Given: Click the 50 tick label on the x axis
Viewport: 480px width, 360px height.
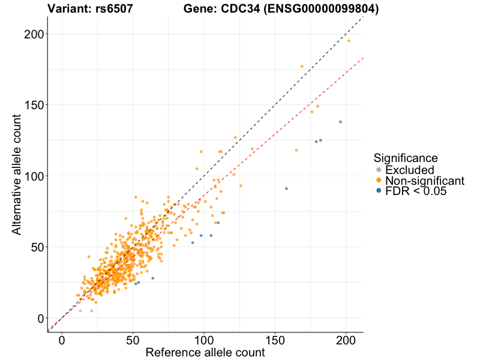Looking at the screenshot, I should coord(133,340).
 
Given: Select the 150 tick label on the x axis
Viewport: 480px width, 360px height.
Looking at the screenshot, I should coord(275,340).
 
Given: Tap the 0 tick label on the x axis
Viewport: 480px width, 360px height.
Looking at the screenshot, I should coord(62,340).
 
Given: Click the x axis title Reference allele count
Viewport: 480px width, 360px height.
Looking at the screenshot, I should coord(205,353).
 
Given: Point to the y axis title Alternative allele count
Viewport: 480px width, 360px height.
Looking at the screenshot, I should coord(17,176).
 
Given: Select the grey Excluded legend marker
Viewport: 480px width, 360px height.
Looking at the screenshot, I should coord(379,170).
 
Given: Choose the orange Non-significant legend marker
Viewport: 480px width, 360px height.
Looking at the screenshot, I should coord(379,181).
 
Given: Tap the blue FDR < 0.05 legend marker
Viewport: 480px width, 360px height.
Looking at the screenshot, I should coord(379,191).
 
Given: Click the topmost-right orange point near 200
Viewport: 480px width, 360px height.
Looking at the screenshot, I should coord(349,41).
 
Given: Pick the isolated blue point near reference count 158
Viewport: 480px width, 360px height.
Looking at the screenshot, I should coord(286,188).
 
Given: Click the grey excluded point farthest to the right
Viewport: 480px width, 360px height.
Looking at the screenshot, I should coord(92,311).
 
